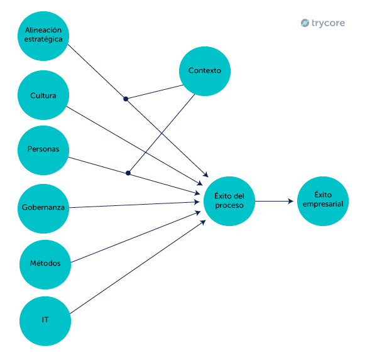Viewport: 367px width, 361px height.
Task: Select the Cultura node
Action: point(43,95)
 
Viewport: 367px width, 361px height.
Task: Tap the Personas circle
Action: point(43,149)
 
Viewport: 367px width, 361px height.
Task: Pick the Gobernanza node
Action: point(43,207)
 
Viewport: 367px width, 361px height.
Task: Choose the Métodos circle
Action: point(45,263)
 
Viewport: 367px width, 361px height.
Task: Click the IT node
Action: point(45,320)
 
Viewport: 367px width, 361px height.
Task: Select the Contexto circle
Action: point(205,70)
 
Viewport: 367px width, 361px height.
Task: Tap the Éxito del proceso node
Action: point(229,201)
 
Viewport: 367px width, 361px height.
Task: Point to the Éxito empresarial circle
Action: point(322,200)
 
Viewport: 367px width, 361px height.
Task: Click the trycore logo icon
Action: point(305,23)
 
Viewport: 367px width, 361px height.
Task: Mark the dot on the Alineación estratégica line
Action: point(126,99)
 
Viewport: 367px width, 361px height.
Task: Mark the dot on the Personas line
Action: point(128,173)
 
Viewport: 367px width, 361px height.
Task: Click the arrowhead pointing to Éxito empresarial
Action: point(291,201)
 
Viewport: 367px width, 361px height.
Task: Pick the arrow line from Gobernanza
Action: point(132,205)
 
